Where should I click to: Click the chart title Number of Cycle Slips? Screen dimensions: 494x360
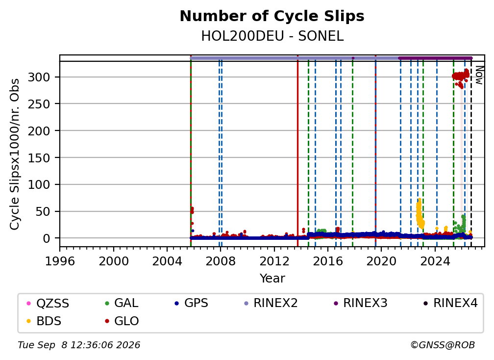[x=272, y=16]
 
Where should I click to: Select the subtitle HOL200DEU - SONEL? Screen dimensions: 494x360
[x=272, y=36]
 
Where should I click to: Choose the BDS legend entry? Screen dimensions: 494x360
[x=44, y=321]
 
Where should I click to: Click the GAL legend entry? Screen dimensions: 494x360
[x=122, y=303]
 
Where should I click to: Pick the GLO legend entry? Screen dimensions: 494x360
[x=122, y=321]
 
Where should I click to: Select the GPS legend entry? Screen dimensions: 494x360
[x=191, y=303]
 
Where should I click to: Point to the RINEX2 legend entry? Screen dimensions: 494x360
[x=271, y=303]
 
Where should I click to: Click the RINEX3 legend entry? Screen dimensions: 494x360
[x=360, y=303]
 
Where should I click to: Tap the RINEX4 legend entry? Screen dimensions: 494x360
[x=450, y=303]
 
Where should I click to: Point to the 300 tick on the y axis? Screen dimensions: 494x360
[x=39, y=77]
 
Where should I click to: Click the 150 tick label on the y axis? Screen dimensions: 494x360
[x=39, y=157]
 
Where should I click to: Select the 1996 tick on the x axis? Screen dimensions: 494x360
[x=60, y=261]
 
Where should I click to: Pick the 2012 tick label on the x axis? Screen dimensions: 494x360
[x=274, y=261]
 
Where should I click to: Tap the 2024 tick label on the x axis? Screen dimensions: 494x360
[x=435, y=261]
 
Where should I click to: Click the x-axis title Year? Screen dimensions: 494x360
[x=272, y=279]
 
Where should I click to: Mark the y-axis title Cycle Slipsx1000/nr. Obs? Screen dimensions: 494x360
[x=15, y=154]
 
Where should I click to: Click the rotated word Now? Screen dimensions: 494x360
[x=479, y=75]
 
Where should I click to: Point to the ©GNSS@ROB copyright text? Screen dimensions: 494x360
[x=443, y=345]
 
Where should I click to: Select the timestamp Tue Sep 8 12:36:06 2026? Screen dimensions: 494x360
[x=79, y=345]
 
